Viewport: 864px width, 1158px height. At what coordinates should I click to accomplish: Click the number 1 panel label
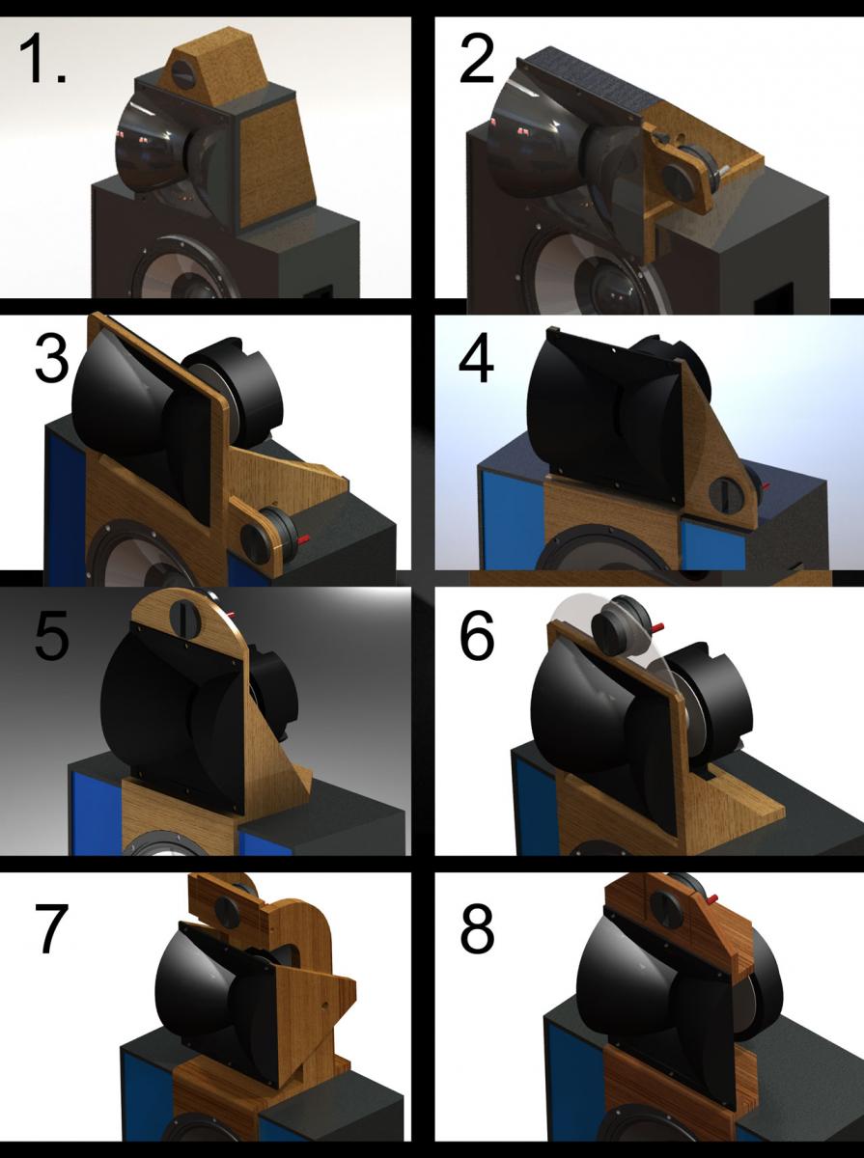42,58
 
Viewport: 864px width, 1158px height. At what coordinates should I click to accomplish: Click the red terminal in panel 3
304,539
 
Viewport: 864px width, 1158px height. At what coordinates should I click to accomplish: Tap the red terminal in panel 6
657,627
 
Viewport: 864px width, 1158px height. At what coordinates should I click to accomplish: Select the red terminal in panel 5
230,615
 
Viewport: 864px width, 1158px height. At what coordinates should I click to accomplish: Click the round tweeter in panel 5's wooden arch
185,618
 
